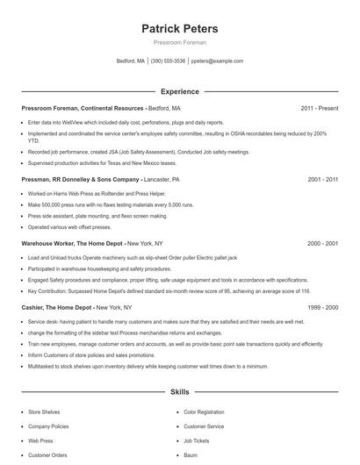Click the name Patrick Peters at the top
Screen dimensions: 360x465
click(179, 29)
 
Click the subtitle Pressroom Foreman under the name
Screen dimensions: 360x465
click(179, 43)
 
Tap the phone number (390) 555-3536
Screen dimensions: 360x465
click(168, 61)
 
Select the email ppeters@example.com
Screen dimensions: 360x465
click(217, 61)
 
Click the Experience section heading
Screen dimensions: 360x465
click(179, 91)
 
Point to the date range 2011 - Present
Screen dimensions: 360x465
click(319, 108)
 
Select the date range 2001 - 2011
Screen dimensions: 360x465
click(322, 179)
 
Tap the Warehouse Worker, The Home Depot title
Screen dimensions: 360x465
click(73, 242)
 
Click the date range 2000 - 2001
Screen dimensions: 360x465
click(322, 242)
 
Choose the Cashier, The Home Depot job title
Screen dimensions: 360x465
click(57, 308)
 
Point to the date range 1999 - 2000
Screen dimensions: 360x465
click(322, 308)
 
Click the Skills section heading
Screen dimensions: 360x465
click(179, 391)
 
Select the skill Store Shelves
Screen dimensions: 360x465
click(45, 411)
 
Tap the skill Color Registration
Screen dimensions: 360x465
click(204, 411)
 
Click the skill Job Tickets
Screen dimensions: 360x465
click(195, 440)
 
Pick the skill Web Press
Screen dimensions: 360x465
click(40, 440)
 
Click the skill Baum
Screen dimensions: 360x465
click(191, 455)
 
